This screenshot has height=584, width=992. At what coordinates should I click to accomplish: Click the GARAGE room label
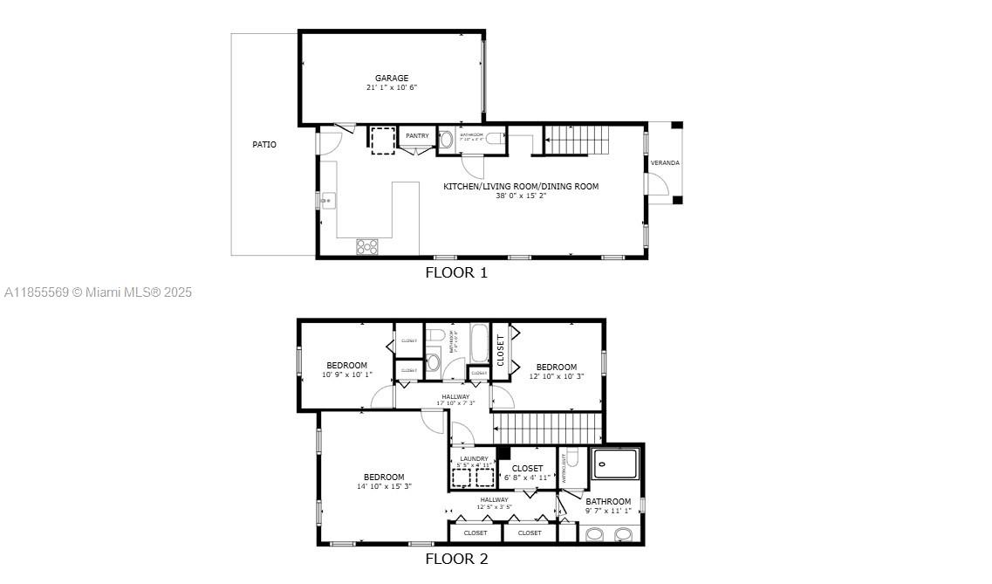[x=392, y=79]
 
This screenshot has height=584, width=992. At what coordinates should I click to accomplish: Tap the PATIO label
[x=264, y=145]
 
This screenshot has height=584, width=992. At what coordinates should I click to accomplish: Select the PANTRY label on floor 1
[x=417, y=136]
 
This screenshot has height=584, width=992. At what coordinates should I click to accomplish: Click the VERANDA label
[x=664, y=163]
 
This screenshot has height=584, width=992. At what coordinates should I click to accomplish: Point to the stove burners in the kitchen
[x=367, y=247]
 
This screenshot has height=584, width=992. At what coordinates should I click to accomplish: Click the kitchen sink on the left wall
[x=327, y=201]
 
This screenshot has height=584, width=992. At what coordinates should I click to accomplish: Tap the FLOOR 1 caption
[x=455, y=272]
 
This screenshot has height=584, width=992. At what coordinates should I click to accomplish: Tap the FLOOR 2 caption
[x=455, y=560]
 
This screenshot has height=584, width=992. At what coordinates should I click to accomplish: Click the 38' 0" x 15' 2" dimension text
[x=521, y=196]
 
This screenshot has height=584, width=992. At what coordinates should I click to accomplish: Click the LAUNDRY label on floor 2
[x=474, y=458]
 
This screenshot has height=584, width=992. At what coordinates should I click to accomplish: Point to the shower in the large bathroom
[x=616, y=464]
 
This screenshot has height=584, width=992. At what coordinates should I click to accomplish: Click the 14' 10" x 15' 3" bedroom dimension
[x=384, y=487]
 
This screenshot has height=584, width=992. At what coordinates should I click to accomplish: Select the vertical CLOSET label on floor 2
[x=501, y=350]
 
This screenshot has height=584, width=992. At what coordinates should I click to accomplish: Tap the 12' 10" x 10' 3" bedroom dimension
[x=556, y=376]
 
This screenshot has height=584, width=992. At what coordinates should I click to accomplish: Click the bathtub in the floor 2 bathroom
[x=479, y=344]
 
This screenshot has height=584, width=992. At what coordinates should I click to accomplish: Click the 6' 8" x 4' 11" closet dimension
[x=527, y=478]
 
